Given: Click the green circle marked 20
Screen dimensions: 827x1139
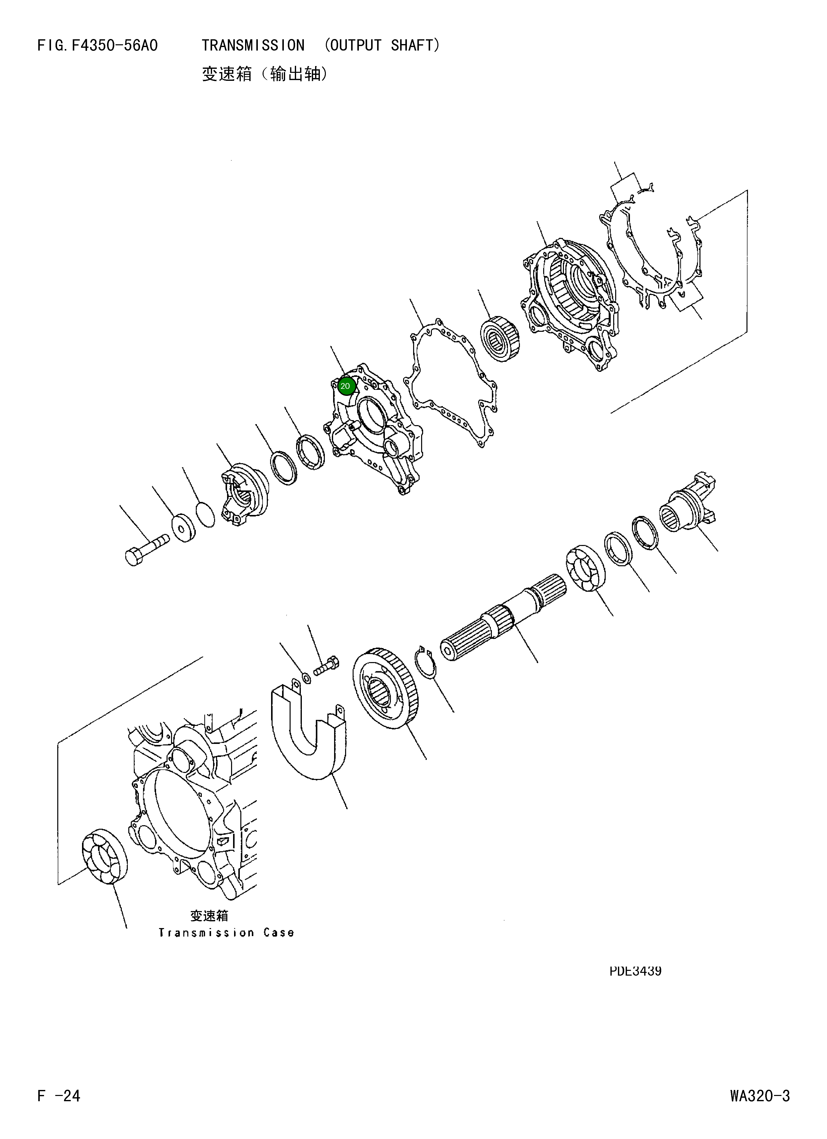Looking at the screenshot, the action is [345, 386].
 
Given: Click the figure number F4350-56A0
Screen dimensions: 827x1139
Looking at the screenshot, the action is [115, 46].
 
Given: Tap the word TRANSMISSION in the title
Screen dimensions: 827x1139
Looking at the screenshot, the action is [253, 46].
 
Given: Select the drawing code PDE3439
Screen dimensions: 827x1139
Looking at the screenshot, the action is [635, 971].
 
